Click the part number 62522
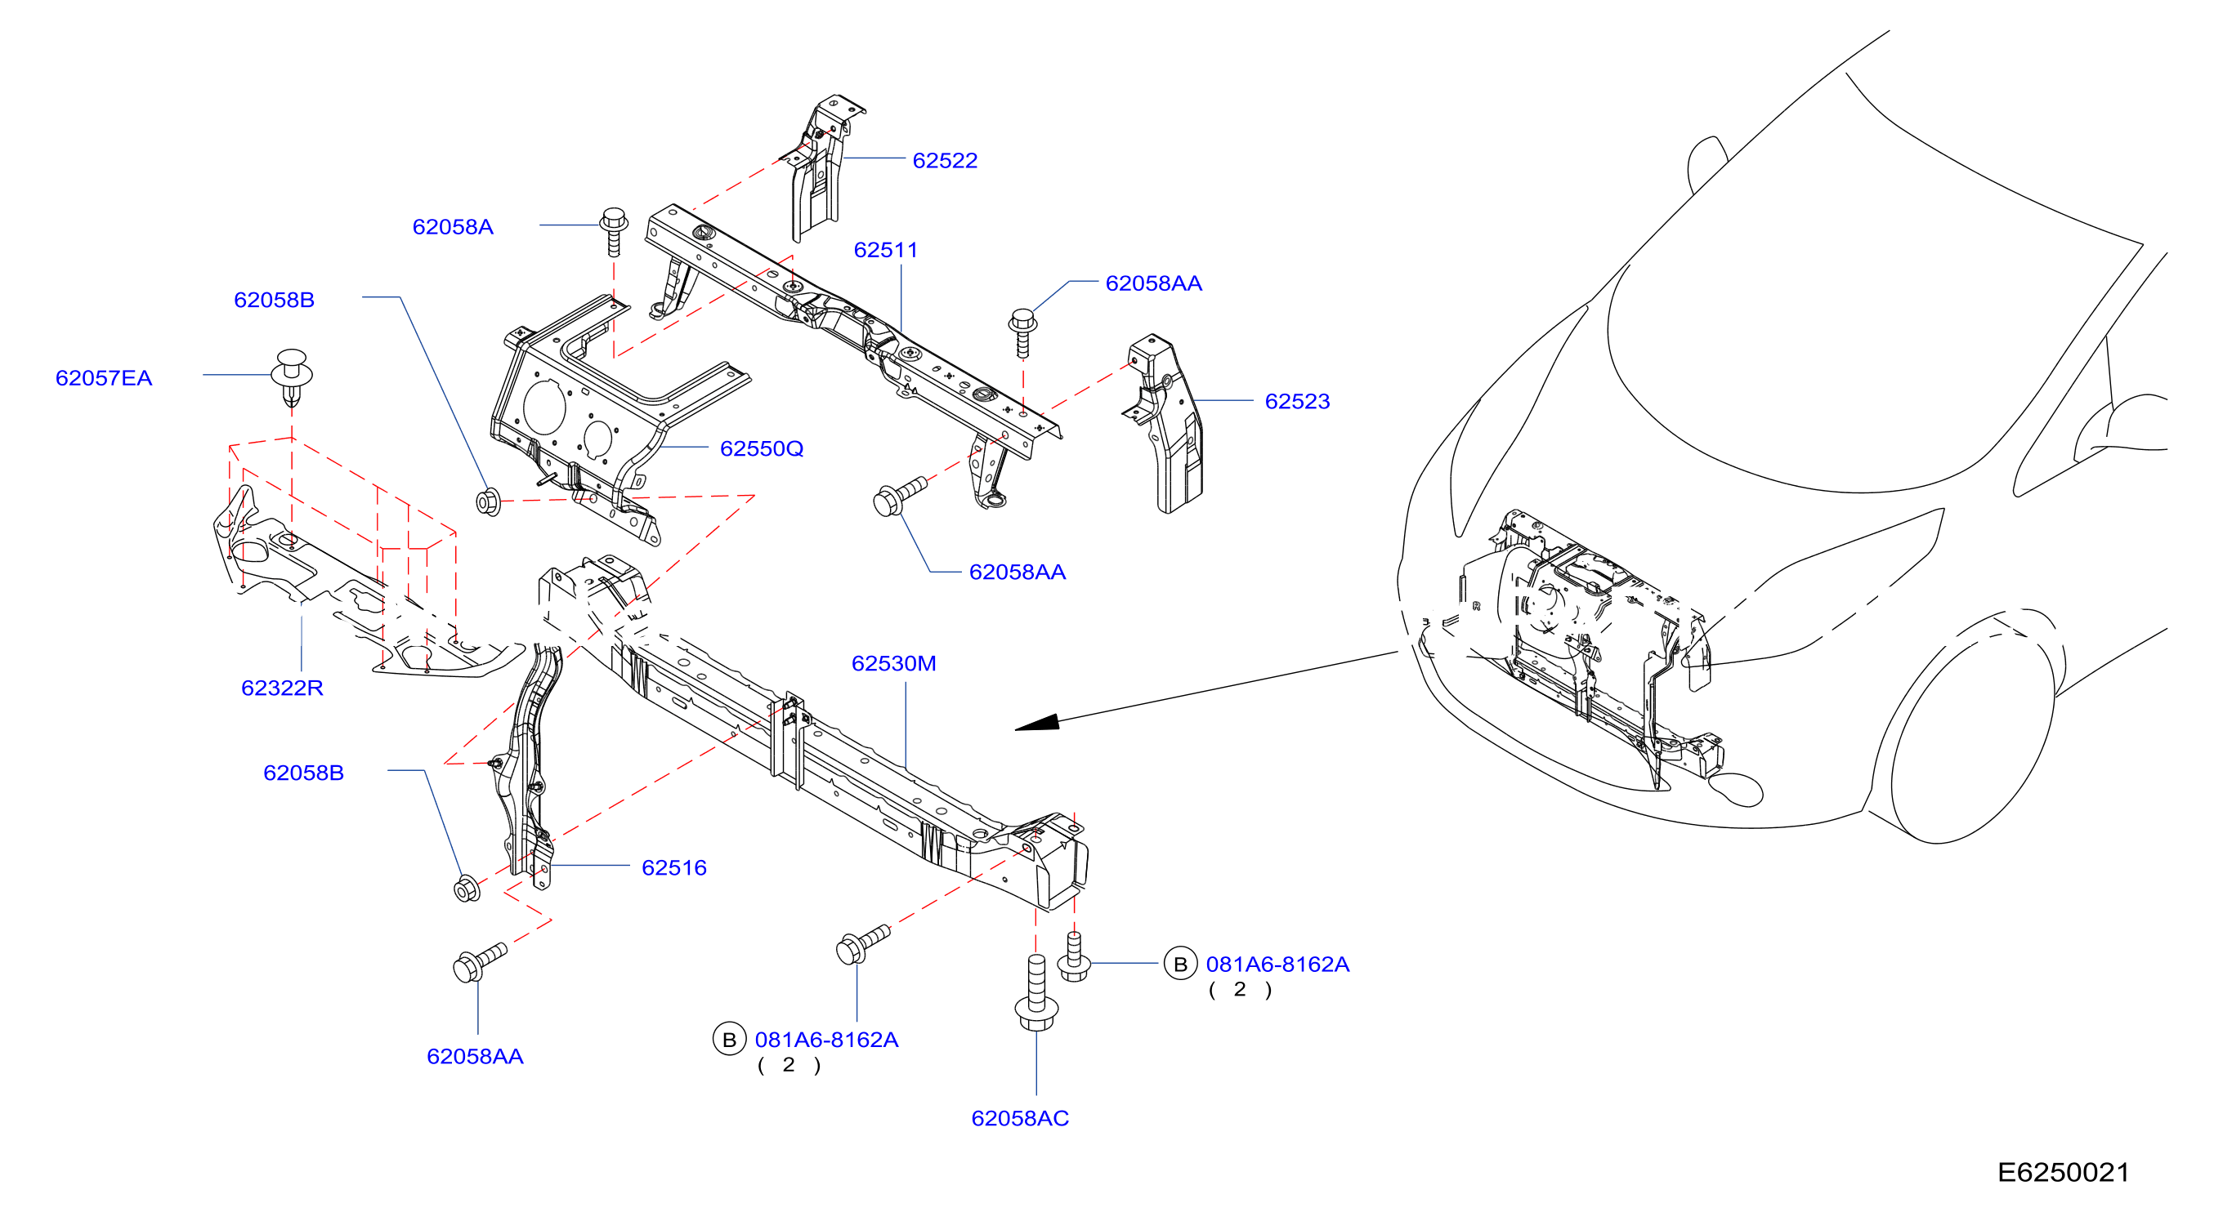945,160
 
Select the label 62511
886,250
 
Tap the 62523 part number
1297,401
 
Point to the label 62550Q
762,448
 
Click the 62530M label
894,663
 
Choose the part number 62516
674,868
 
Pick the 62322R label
282,688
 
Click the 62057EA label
104,378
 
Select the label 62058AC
1020,1118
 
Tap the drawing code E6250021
2064,1172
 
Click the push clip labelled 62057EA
292,377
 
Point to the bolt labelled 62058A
614,231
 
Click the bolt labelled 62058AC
1036,993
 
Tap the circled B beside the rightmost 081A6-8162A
1179,965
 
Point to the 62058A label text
453,227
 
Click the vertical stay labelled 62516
528,764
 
